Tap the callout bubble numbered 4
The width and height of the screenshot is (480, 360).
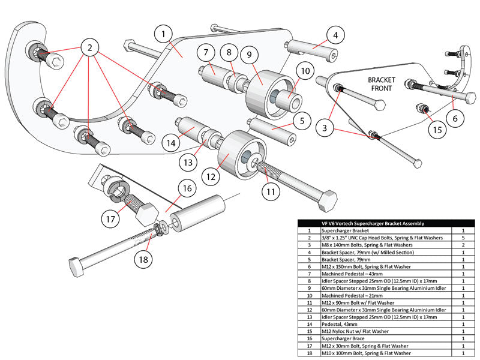click(x=335, y=35)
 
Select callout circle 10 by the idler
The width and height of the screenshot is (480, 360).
click(x=305, y=71)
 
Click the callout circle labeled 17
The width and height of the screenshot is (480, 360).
click(x=109, y=219)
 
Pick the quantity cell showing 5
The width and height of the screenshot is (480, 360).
click(x=463, y=238)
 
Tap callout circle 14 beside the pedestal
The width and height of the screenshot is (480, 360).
click(x=172, y=143)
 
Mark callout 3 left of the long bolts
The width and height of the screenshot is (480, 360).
click(x=325, y=128)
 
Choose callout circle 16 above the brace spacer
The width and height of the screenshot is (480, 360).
click(x=187, y=188)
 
